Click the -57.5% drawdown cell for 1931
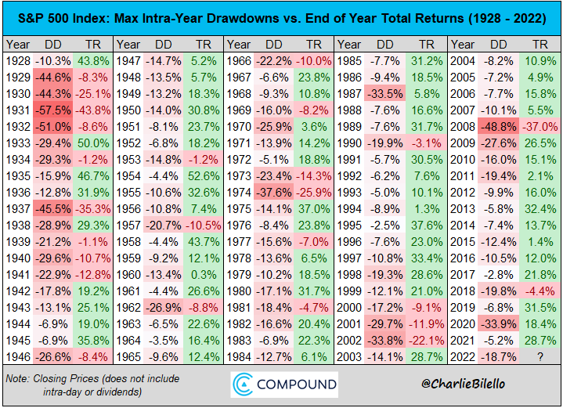(x=53, y=110)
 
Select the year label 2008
(x=463, y=127)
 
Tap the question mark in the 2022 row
(x=540, y=357)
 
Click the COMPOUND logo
(x=284, y=385)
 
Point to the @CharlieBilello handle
(x=464, y=384)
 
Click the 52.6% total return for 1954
(x=204, y=176)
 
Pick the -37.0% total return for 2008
(x=540, y=127)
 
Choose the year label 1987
(x=349, y=94)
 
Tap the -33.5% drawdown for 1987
(x=385, y=94)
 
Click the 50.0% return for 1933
(x=93, y=143)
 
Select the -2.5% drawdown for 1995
(x=385, y=226)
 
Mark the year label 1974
(x=239, y=193)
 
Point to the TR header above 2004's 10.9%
(x=540, y=45)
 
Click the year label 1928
(x=18, y=61)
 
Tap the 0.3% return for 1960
(x=204, y=275)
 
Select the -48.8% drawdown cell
(x=498, y=127)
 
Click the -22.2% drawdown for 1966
(x=273, y=61)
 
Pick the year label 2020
(x=463, y=324)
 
